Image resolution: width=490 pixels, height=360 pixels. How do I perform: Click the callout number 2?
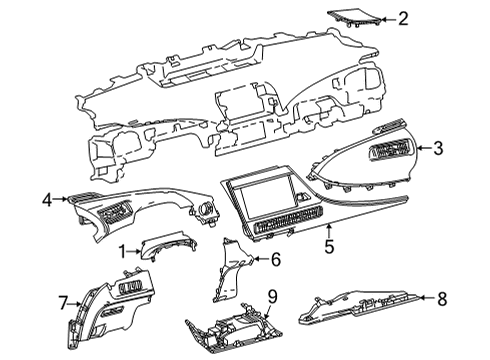click(x=403, y=19)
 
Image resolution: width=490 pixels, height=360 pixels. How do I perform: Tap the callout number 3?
click(x=438, y=148)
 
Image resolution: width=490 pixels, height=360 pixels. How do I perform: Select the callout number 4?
click(x=47, y=200)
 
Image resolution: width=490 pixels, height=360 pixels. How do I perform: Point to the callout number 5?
click(x=329, y=246)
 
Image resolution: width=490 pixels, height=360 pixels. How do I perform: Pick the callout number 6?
click(x=276, y=259)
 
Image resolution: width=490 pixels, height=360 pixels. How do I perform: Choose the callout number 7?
click(x=63, y=303)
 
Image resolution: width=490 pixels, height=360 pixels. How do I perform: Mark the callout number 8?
click(x=442, y=298)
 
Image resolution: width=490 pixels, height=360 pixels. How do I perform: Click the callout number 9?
click(x=272, y=296)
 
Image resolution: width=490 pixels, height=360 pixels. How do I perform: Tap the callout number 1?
click(x=123, y=252)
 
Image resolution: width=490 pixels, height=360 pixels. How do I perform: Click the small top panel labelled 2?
click(x=354, y=18)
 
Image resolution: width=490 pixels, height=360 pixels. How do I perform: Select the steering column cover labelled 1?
click(x=168, y=247)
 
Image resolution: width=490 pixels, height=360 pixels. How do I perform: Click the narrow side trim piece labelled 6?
click(x=232, y=269)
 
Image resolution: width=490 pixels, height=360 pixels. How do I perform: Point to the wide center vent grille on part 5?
click(x=288, y=220)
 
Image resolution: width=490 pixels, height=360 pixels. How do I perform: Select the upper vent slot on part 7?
click(x=130, y=287)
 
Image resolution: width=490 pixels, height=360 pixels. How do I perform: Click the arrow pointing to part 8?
click(x=428, y=298)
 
